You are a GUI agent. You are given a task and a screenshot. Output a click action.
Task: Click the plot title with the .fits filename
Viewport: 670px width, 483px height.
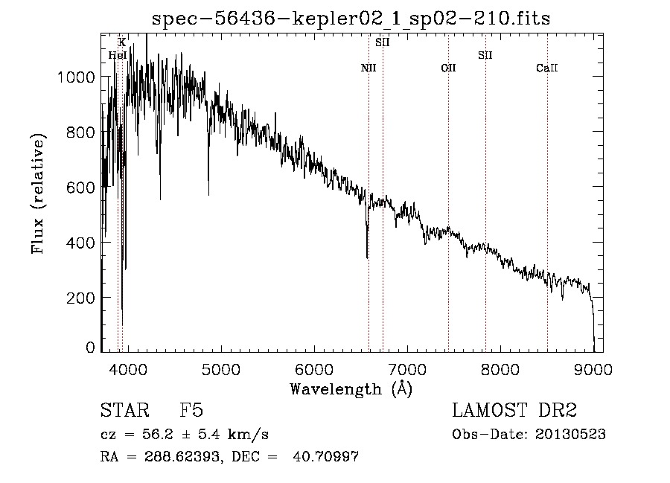click(x=351, y=19)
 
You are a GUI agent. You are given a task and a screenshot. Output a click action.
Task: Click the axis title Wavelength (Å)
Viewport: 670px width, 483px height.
click(x=351, y=388)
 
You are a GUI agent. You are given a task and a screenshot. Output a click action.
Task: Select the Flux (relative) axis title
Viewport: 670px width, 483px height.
click(x=38, y=193)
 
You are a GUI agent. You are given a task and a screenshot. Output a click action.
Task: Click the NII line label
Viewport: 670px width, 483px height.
click(x=368, y=68)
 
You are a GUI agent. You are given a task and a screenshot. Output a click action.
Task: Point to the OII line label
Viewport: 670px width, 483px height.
click(x=448, y=68)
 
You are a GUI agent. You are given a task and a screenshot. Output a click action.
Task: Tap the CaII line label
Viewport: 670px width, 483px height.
click(x=547, y=68)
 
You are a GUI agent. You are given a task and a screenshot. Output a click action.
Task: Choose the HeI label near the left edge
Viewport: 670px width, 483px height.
click(x=117, y=55)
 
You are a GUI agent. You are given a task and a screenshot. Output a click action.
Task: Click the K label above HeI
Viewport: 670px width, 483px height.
click(x=122, y=42)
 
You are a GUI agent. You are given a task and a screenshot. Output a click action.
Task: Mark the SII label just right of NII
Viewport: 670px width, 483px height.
click(x=383, y=42)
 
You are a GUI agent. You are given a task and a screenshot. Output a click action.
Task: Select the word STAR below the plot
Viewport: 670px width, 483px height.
click(x=124, y=411)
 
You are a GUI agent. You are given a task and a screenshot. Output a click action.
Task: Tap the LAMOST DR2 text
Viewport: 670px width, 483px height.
click(x=514, y=411)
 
